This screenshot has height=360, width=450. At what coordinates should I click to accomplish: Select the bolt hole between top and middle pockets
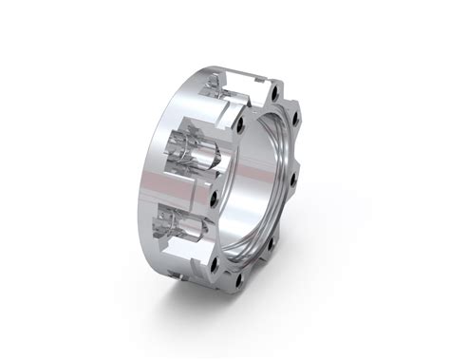pos(240,124)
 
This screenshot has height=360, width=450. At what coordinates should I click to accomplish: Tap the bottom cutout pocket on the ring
pos(185,228)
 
